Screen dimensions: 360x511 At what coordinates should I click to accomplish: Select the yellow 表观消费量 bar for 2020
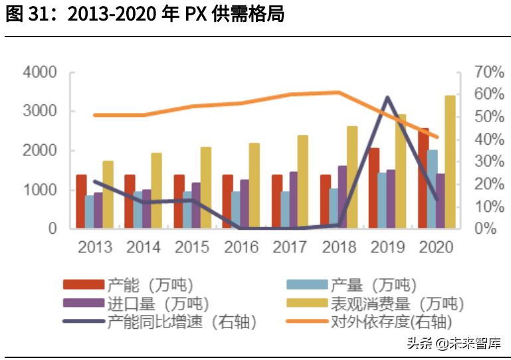point(450,162)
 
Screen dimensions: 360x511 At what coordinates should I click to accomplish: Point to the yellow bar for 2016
point(254,185)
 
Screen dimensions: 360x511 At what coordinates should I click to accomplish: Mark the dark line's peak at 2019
point(387,98)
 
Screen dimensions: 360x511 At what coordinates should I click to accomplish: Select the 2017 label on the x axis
point(290,247)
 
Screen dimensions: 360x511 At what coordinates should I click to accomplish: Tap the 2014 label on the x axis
point(144,247)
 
